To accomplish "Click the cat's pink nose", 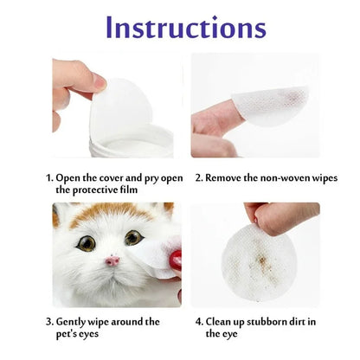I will click(x=112, y=260).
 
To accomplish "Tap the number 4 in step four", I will click(x=198, y=321).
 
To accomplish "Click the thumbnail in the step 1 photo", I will click(x=97, y=82).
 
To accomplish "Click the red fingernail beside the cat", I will click(x=175, y=260).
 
